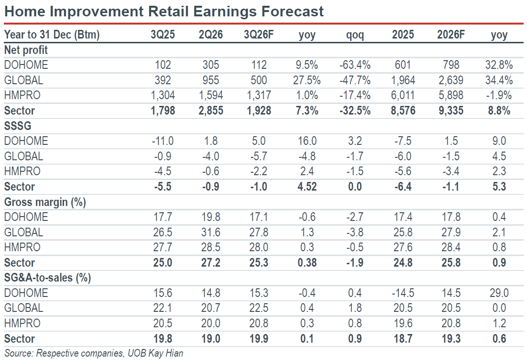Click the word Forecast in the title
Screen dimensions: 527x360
click(293, 12)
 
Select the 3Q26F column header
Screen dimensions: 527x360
click(258, 35)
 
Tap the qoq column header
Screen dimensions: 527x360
click(355, 35)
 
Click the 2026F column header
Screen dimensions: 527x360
click(450, 35)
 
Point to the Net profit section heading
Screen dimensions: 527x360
click(26, 50)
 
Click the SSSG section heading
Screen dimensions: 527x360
click(17, 126)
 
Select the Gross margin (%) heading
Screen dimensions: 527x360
click(45, 202)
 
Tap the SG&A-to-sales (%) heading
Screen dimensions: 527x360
click(47, 278)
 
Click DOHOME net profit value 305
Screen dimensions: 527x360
click(211, 65)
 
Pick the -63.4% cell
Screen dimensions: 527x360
click(355, 65)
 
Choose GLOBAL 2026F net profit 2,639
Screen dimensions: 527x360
click(450, 80)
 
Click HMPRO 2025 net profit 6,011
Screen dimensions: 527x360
click(403, 95)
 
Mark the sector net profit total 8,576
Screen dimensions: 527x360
click(403, 111)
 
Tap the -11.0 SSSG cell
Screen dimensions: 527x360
click(163, 141)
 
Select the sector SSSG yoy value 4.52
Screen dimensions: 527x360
click(307, 187)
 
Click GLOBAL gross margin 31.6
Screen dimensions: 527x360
click(211, 232)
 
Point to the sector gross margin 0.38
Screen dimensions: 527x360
click(307, 262)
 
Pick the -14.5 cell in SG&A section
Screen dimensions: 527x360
click(403, 293)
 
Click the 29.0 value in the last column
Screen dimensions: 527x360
click(499, 293)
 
